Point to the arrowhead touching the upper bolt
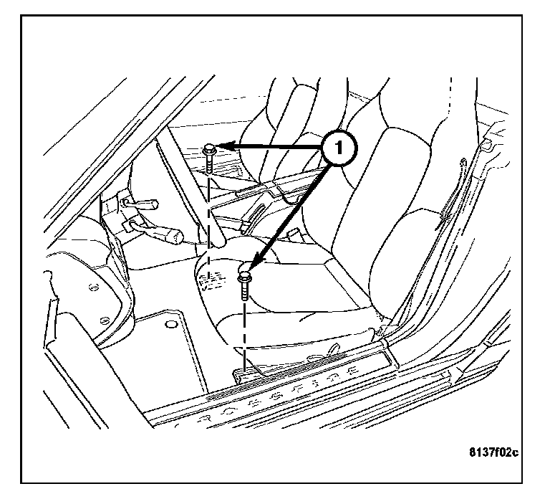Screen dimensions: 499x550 223,147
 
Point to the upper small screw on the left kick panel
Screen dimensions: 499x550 93,287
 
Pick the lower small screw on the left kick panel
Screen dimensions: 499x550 105,320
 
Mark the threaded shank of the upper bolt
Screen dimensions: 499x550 208,164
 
